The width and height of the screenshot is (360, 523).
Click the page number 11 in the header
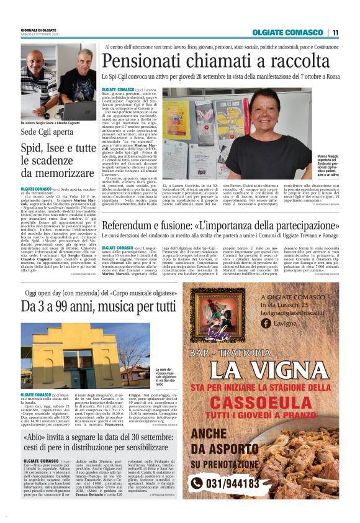(x=335, y=32)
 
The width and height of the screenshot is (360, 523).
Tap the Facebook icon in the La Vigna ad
(x=265, y=323)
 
